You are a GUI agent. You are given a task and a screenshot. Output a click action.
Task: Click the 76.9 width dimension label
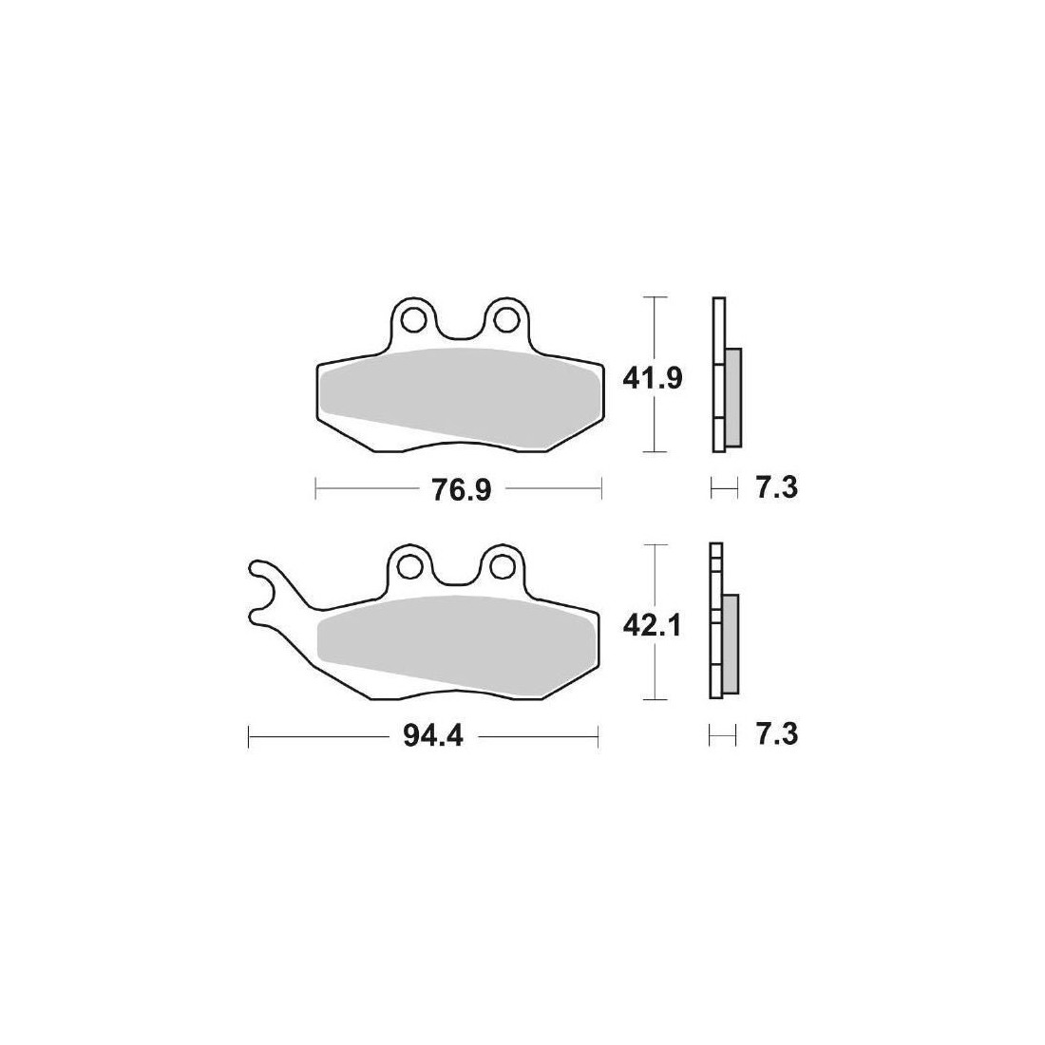point(461,490)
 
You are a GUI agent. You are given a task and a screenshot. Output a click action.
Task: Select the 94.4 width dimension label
point(432,737)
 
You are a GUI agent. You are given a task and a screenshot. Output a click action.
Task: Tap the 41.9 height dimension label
point(653,379)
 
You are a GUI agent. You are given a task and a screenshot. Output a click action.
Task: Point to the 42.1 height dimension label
point(652,626)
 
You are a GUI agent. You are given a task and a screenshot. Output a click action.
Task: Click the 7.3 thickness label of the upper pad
point(777,489)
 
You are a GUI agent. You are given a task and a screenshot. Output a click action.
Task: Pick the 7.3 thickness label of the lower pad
point(777,735)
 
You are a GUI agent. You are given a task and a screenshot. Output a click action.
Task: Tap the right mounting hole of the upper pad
point(505,320)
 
